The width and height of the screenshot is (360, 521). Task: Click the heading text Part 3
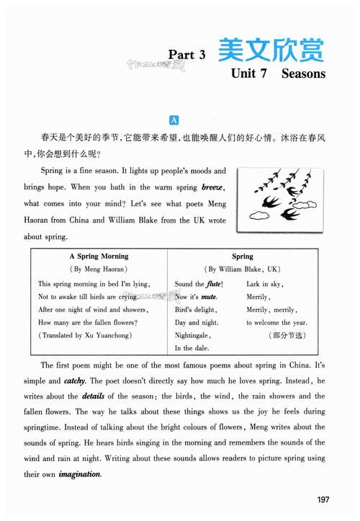pyautogui.click(x=187, y=55)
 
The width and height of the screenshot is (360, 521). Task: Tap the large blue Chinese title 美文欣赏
pyautogui.click(x=270, y=50)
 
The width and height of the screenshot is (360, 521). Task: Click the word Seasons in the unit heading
pyautogui.click(x=304, y=73)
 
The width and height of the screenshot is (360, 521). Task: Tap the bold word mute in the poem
pyautogui.click(x=209, y=297)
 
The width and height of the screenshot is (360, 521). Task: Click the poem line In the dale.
pyautogui.click(x=190, y=349)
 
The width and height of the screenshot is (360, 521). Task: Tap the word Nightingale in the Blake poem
pyautogui.click(x=192, y=336)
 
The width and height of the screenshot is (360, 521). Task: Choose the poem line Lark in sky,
pyautogui.click(x=264, y=284)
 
